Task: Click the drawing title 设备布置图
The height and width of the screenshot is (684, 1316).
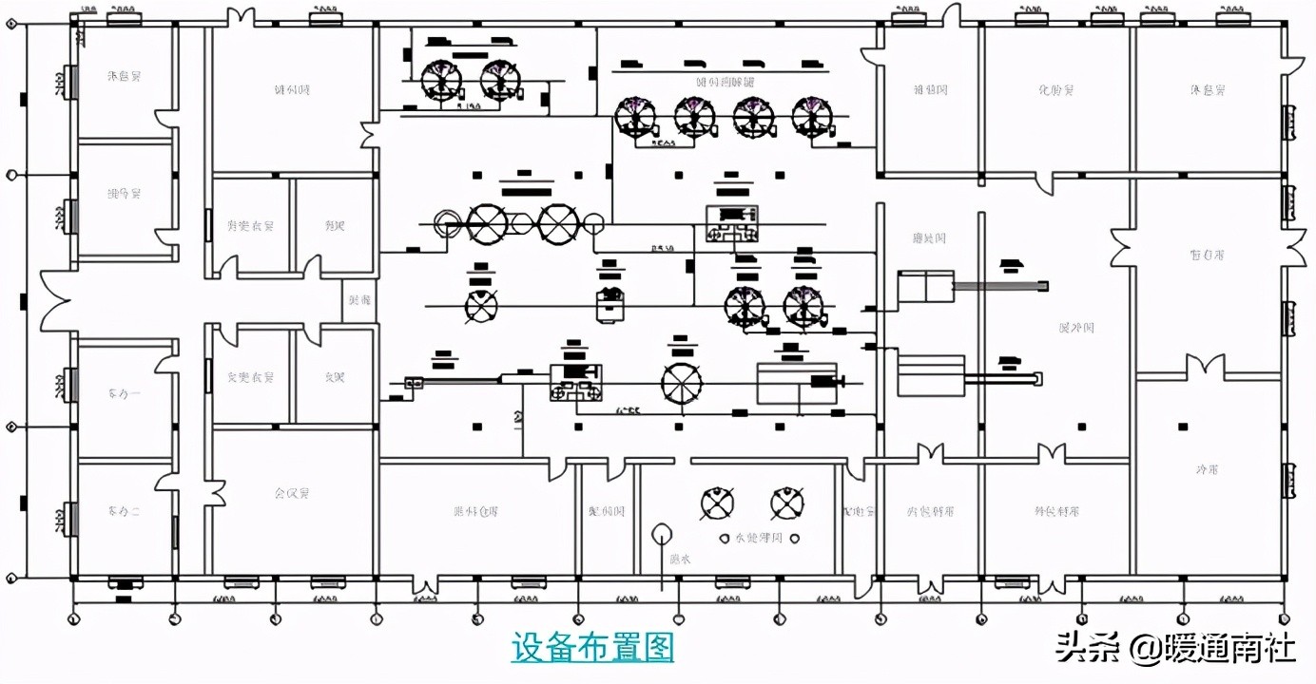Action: tap(592, 648)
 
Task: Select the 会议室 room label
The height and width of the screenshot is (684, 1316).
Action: tap(292, 494)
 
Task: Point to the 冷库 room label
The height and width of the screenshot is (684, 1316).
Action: tap(1207, 470)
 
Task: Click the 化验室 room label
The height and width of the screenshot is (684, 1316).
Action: tap(1056, 90)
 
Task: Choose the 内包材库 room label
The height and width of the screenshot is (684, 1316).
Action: tap(931, 511)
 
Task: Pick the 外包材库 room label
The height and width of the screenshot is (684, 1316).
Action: tap(1056, 511)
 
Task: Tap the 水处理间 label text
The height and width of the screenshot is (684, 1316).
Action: tap(757, 539)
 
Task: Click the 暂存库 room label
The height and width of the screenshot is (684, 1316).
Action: tap(1207, 255)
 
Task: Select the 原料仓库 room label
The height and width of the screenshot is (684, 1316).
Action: tap(475, 511)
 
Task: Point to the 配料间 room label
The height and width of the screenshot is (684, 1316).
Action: tap(607, 511)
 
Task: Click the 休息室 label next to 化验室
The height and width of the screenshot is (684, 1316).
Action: tap(1207, 90)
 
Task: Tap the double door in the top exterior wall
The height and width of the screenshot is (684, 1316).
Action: tap(241, 16)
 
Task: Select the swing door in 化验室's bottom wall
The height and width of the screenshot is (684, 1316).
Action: tap(1050, 182)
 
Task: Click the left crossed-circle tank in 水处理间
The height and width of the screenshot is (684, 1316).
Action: tap(715, 503)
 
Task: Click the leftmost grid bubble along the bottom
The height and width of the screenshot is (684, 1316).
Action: tap(74, 618)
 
